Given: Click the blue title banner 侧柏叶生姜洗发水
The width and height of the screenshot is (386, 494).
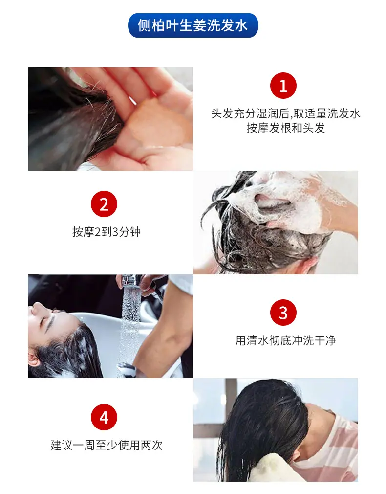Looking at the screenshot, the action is [x=193, y=25].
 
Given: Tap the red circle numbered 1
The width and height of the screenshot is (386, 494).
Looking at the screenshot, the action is [x=283, y=86].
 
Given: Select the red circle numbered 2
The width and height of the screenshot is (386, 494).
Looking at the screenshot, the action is [x=104, y=204].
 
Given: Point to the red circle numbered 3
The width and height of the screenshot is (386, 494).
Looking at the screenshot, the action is [x=283, y=312].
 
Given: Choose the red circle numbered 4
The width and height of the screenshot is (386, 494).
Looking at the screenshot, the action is [x=104, y=417].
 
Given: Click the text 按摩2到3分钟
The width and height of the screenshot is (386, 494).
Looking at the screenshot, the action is [x=107, y=232].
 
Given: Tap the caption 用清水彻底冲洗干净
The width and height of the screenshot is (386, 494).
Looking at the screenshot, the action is [x=285, y=340].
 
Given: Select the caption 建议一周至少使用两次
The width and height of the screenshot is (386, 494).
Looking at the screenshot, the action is [x=107, y=445].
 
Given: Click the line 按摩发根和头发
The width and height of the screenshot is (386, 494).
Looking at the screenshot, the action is [x=285, y=128].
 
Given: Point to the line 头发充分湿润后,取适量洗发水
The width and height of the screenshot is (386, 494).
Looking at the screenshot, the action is [x=285, y=113].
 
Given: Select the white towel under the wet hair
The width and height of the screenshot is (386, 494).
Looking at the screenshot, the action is [x=274, y=470].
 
